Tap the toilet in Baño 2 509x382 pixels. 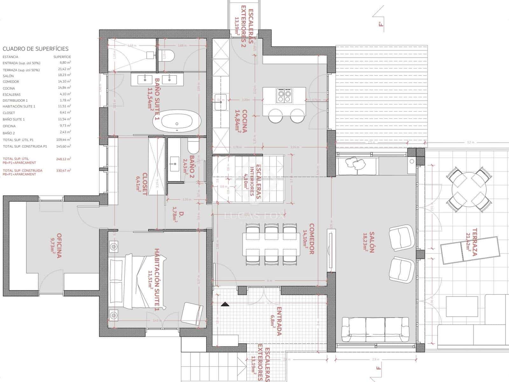tap(193, 146)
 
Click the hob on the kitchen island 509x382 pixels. tap(284, 95)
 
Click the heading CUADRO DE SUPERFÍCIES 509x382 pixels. tap(36, 49)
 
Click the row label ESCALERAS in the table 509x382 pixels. tap(11, 95)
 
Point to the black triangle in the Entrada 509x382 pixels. tap(225, 304)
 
